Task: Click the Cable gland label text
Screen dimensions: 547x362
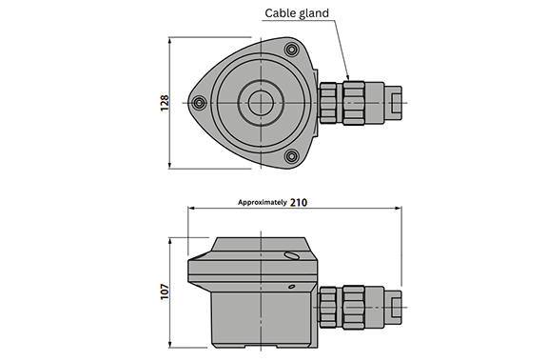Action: tap(297, 13)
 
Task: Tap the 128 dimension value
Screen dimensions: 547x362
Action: tap(165, 103)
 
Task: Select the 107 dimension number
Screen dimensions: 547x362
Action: tap(165, 292)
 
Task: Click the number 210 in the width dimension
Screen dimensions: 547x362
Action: tap(299, 203)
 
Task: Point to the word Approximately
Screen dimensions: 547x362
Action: tap(263, 202)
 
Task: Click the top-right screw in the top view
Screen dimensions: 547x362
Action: tap(291, 50)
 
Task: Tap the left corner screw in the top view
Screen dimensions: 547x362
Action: tap(199, 103)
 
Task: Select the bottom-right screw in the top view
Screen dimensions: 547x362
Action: tap(291, 156)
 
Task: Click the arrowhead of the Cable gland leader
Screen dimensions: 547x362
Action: tap(347, 77)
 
